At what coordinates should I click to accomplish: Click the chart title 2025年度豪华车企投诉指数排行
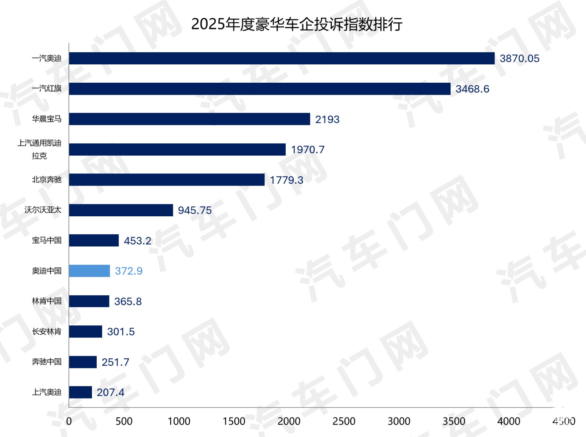tap(297, 24)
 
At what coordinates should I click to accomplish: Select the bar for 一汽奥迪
tap(282, 58)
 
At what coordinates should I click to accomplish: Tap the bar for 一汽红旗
tap(260, 89)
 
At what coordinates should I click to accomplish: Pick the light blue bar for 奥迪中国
tap(89, 271)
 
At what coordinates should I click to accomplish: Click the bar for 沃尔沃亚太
tap(121, 210)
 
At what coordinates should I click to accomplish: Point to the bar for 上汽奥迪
tap(80, 392)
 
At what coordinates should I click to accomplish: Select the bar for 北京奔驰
tap(167, 180)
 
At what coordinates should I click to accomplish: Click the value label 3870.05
tap(519, 59)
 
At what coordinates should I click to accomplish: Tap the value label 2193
tap(327, 119)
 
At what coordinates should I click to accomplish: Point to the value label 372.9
tap(129, 271)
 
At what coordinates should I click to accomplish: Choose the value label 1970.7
tap(308, 150)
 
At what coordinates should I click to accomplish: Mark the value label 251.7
tap(115, 362)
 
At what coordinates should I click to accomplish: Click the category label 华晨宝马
tap(47, 119)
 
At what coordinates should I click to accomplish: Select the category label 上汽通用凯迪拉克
tap(39, 149)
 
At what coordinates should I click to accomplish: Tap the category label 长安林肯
tap(47, 332)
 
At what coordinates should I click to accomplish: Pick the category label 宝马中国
tap(47, 240)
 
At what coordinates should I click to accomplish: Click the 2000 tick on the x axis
tap(289, 421)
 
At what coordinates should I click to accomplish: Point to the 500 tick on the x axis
tap(124, 421)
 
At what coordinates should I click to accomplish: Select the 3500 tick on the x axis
tap(454, 421)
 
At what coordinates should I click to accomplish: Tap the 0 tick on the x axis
tap(69, 421)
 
